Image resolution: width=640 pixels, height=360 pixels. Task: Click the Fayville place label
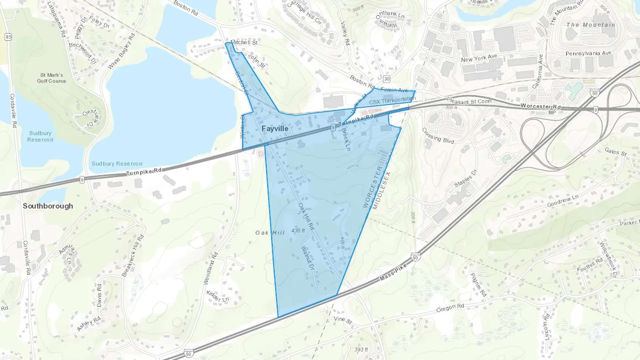[x=275, y=129]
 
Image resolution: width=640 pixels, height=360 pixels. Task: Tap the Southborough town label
[x=48, y=206]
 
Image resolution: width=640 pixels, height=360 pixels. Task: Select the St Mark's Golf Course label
[x=52, y=78]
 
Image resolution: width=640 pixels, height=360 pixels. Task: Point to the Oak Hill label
[x=270, y=232]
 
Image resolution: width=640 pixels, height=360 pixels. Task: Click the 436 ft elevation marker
[x=298, y=231]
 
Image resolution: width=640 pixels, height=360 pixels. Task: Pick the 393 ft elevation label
[x=361, y=349]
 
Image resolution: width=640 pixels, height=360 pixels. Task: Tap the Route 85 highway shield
[x=8, y=37]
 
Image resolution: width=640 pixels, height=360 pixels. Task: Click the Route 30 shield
[x=387, y=79]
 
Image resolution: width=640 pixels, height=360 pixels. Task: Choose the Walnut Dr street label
[x=308, y=258]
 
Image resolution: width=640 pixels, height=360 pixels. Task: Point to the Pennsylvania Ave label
[x=588, y=53]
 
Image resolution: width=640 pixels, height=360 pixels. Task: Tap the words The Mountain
[x=591, y=25]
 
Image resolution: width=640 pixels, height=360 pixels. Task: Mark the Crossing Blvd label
[x=438, y=136]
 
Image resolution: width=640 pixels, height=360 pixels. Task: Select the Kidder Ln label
[x=218, y=296]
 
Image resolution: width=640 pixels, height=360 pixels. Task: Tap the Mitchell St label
[x=244, y=42]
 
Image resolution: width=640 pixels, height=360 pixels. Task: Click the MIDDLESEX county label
[x=382, y=191]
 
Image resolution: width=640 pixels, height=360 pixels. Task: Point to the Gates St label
[x=615, y=152]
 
